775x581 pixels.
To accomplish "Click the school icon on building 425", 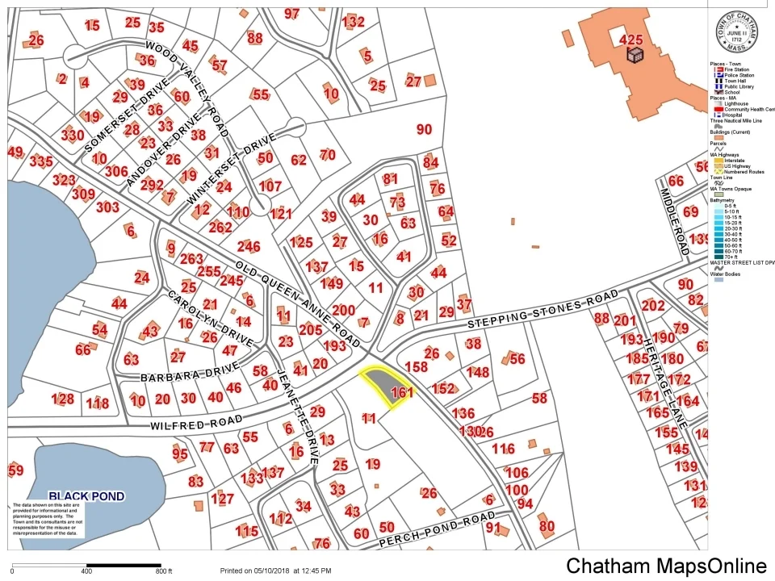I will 635,53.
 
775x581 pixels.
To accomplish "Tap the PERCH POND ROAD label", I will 437,529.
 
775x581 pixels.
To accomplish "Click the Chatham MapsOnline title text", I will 665,566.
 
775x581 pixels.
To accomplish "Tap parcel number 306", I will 116,171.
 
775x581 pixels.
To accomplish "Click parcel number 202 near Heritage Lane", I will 653,305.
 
